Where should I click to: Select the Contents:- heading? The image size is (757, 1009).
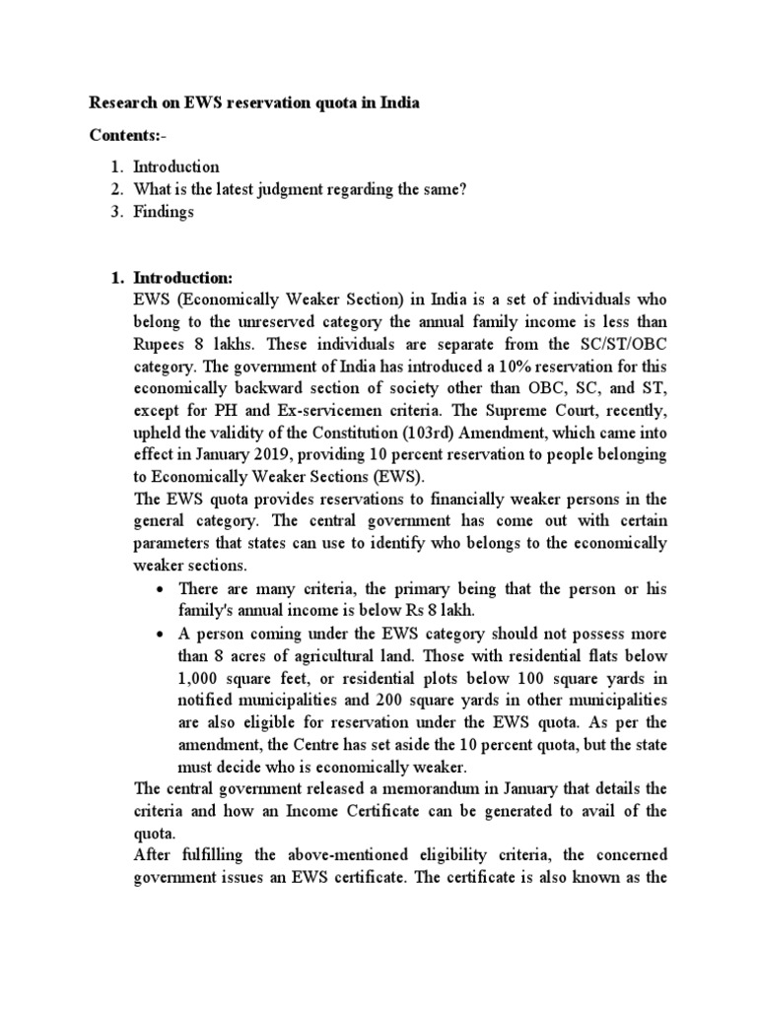click(x=124, y=134)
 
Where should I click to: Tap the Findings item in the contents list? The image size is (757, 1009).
click(x=164, y=212)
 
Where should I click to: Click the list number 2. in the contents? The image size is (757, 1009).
click(x=117, y=189)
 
